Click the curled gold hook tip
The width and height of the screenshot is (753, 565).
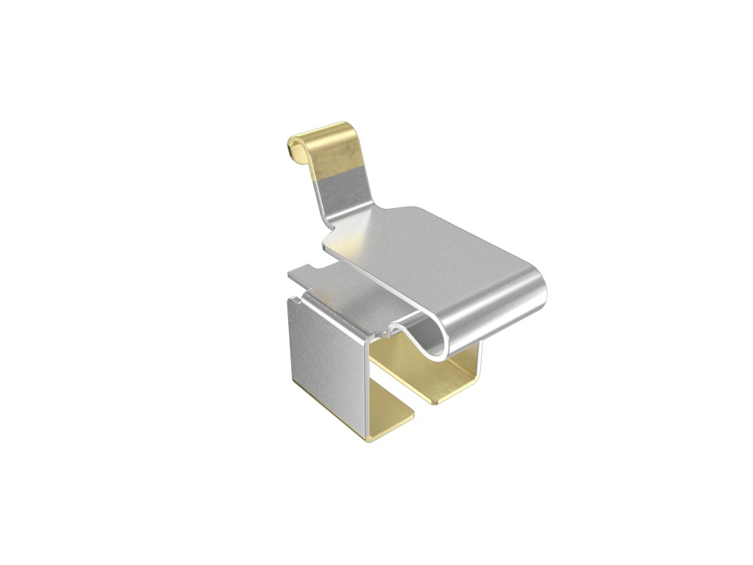click(x=296, y=150)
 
